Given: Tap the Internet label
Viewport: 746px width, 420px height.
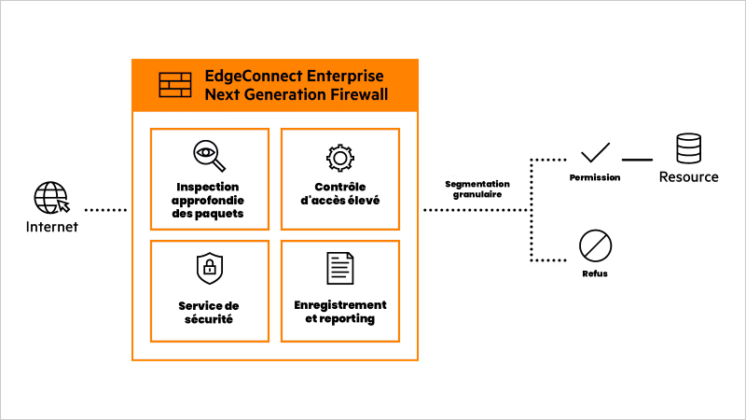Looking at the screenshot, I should click(51, 227).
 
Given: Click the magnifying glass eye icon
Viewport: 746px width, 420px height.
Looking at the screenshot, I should click(209, 156).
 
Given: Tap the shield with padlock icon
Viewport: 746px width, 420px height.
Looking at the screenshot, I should click(209, 270).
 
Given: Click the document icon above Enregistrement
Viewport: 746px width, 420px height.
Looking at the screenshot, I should click(339, 269).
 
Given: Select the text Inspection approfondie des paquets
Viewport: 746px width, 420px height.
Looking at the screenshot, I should click(209, 200).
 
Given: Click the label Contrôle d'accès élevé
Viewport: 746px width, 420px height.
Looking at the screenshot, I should click(339, 192).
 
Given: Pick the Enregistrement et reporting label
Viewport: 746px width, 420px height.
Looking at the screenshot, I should click(338, 312).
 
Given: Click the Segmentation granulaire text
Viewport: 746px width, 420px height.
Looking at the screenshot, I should click(477, 189).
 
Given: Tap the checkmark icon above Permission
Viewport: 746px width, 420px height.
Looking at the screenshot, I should click(595, 152).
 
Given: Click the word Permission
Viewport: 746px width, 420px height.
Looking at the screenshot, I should click(595, 177).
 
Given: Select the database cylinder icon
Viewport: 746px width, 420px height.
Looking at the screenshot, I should click(689, 148).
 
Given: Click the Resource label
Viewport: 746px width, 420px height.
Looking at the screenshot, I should click(689, 176).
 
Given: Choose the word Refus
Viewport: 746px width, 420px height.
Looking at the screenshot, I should click(594, 274).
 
